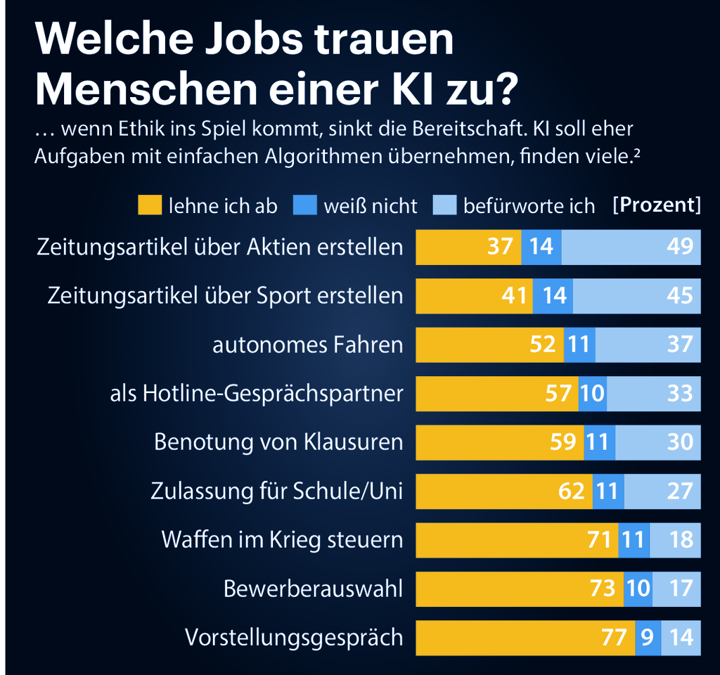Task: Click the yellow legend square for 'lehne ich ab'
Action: click(148, 205)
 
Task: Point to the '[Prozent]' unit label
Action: click(657, 205)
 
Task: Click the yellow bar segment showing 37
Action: click(468, 247)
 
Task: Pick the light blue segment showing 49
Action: click(631, 247)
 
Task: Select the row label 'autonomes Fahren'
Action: click(308, 345)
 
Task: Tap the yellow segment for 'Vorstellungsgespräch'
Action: click(525, 638)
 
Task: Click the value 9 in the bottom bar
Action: click(648, 638)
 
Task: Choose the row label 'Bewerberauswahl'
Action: click(313, 589)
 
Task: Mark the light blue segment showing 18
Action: click(675, 540)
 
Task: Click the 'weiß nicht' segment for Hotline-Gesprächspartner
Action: click(593, 393)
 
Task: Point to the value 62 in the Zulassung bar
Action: click(571, 491)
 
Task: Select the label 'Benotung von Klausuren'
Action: click(278, 442)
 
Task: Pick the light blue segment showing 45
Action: click(636, 295)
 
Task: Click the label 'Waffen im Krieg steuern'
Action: click(282, 540)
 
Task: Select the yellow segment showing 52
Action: click(489, 345)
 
